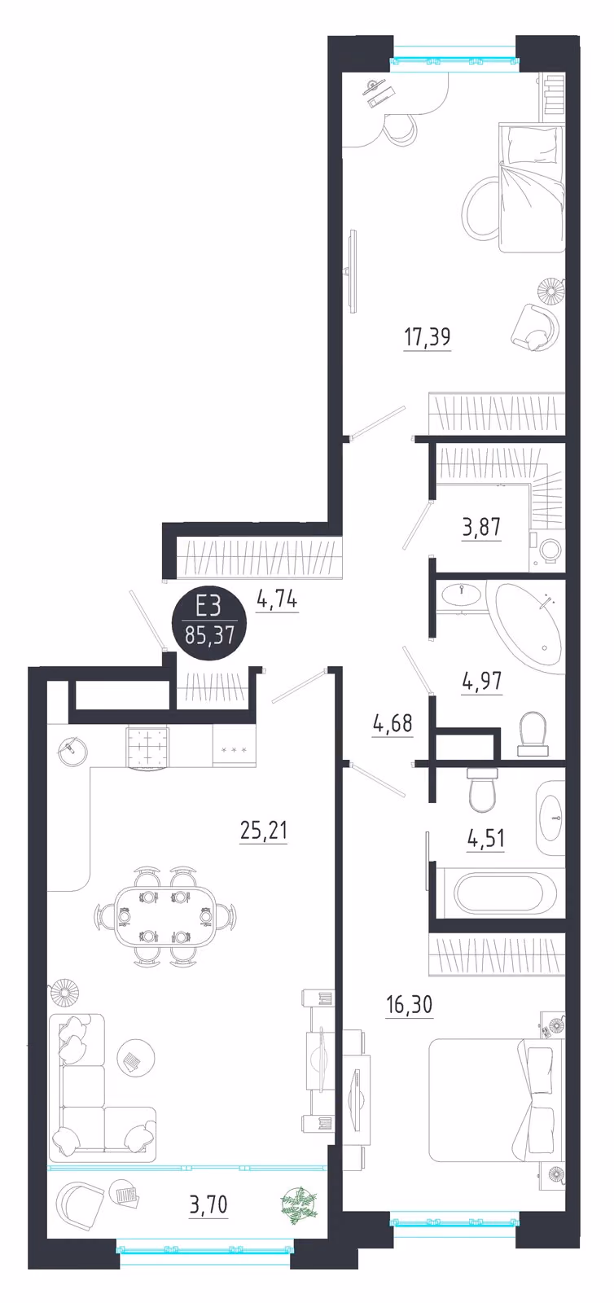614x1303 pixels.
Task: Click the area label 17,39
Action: pos(428,337)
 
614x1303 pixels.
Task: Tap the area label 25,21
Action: pos(263,831)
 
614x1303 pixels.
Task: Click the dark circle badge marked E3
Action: pos(209,622)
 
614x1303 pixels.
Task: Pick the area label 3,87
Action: pos(481,527)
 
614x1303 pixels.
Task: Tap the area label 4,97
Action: pos(482,680)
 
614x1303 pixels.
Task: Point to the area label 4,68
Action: pos(393,723)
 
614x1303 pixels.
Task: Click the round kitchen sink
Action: pos(72,752)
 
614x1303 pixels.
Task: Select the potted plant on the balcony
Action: pos(299,1201)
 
